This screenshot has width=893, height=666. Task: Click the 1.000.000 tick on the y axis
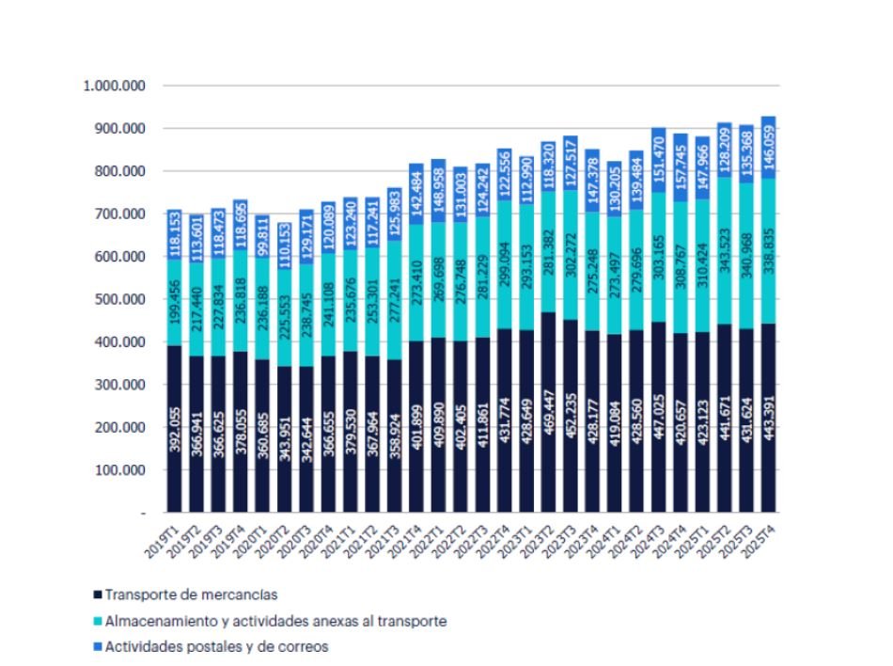(x=114, y=86)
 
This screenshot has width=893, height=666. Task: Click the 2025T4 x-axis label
(x=761, y=537)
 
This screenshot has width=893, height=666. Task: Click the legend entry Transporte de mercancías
(x=191, y=595)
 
